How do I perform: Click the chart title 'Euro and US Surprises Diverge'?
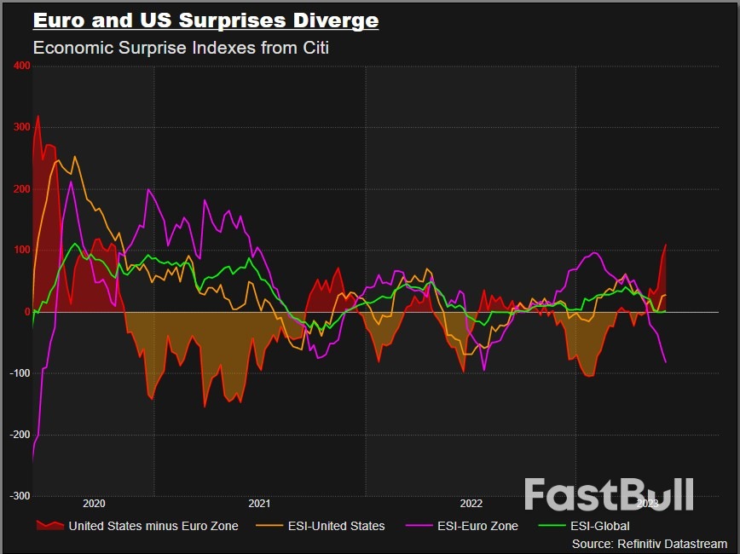tap(205, 20)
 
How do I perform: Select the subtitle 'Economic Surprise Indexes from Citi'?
tap(181, 48)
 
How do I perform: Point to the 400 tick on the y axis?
tap(21, 66)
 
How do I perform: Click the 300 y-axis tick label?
tap(21, 128)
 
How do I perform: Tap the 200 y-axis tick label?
tap(21, 189)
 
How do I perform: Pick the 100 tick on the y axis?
tap(21, 251)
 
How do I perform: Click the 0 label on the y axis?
tap(26, 312)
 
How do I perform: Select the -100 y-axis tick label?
tap(20, 373)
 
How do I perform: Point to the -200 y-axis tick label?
tap(20, 435)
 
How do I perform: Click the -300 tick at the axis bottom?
tap(20, 496)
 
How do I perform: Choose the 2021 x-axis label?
tap(259, 504)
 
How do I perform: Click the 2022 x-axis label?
tap(471, 504)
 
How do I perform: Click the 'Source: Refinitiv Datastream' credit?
tap(650, 544)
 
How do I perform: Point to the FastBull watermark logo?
tap(609, 495)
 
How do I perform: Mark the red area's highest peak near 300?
tap(38, 116)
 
